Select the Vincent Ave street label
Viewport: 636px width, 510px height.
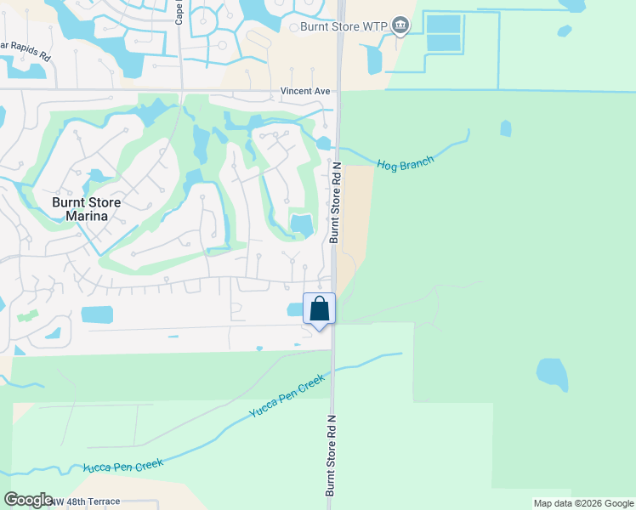(x=305, y=91)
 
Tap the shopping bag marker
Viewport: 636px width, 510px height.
(x=319, y=309)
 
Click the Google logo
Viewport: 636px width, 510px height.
(x=28, y=500)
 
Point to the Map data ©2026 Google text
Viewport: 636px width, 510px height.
(x=583, y=503)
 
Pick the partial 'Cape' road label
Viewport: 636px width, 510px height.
(x=179, y=12)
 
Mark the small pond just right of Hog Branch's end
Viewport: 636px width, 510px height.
(x=506, y=128)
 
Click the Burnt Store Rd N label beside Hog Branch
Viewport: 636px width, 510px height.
(x=335, y=202)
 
